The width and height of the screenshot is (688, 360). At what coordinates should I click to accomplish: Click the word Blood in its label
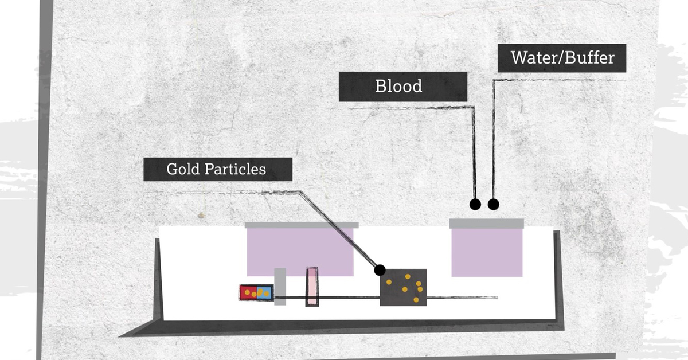click(398, 87)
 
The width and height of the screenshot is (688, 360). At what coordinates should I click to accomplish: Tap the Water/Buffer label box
click(562, 58)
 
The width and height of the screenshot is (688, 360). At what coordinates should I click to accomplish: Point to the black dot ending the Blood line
click(475, 204)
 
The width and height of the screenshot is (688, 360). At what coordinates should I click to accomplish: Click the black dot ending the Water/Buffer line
click(493, 204)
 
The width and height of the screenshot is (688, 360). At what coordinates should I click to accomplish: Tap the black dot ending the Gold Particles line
click(379, 269)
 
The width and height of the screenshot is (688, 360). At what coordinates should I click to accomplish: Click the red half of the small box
click(248, 292)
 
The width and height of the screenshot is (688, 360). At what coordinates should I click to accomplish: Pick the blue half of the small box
click(263, 292)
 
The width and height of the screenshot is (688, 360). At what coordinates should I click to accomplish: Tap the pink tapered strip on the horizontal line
click(312, 286)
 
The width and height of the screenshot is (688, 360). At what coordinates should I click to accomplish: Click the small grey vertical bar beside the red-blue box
click(280, 286)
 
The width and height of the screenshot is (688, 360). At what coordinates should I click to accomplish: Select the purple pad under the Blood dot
click(487, 252)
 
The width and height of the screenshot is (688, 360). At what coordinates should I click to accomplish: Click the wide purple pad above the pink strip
click(300, 249)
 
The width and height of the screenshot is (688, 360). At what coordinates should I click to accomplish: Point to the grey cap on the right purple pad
click(487, 222)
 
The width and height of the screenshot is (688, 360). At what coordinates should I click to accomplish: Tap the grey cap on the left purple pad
click(302, 225)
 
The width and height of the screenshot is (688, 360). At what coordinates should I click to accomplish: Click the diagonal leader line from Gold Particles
click(338, 230)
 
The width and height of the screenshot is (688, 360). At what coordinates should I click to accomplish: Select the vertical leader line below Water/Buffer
click(493, 143)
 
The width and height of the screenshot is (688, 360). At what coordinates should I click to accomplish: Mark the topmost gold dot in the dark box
click(408, 276)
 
